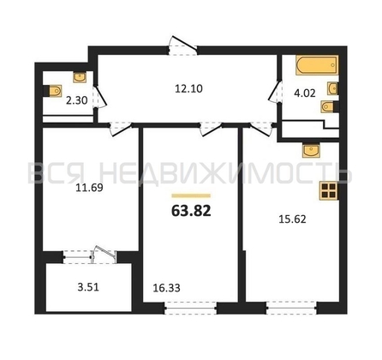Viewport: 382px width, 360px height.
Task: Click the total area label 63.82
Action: pyautogui.click(x=191, y=211)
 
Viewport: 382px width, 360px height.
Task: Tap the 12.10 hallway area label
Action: pyautogui.click(x=188, y=88)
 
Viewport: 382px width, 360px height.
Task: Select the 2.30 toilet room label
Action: pyautogui.click(x=76, y=100)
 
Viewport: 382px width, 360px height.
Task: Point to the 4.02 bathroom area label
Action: pyautogui.click(x=305, y=93)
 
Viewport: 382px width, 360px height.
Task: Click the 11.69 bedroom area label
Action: pyautogui.click(x=89, y=188)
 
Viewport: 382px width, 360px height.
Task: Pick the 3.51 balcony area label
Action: pyautogui.click(x=88, y=287)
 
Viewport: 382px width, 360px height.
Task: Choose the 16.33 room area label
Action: pyautogui.click(x=166, y=288)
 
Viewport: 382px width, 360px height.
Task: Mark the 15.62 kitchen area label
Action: pyautogui.click(x=292, y=219)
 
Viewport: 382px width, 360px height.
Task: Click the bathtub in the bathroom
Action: pyautogui.click(x=317, y=65)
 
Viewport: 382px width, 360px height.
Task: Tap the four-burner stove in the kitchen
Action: pyautogui.click(x=329, y=191)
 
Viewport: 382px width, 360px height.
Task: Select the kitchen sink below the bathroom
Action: pyautogui.click(x=312, y=151)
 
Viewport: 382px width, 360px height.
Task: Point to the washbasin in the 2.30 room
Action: pyautogui.click(x=80, y=77)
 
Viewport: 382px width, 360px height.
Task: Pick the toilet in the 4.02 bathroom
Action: pyautogui.click(x=330, y=106)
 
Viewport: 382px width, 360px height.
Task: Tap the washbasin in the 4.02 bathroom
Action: pyautogui.click(x=332, y=88)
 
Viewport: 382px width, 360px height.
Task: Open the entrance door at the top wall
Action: pyautogui.click(x=182, y=45)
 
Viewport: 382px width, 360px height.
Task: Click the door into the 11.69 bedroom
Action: pyautogui.click(x=120, y=129)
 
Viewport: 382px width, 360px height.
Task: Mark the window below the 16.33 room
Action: pyautogui.click(x=191, y=309)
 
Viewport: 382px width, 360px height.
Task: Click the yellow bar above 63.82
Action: pyautogui.click(x=191, y=195)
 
